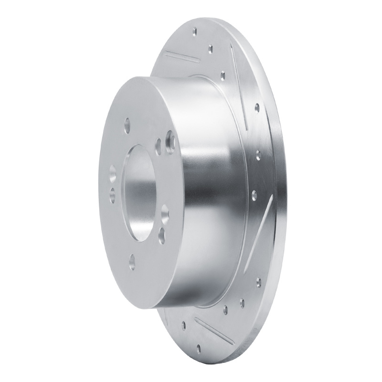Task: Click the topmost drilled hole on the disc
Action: click(x=194, y=32)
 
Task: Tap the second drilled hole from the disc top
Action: click(x=211, y=47)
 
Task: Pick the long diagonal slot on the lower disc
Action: click(x=263, y=224)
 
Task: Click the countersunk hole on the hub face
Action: click(x=170, y=141)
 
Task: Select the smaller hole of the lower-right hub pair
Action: click(x=160, y=233)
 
